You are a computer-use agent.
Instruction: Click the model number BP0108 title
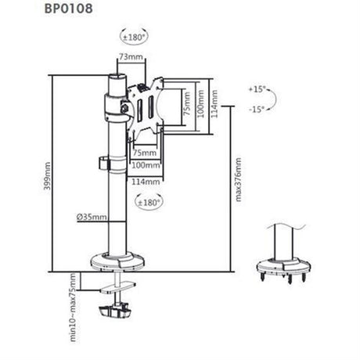(x=68, y=8)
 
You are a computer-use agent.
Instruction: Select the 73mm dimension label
(x=131, y=56)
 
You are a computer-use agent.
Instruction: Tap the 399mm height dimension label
(x=47, y=176)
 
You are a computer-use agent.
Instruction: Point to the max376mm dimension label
(x=238, y=179)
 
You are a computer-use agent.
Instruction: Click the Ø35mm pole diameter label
(x=92, y=217)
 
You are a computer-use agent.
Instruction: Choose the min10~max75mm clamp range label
(x=73, y=307)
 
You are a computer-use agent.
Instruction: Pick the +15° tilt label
(x=257, y=89)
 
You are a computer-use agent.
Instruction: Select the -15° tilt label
(x=257, y=110)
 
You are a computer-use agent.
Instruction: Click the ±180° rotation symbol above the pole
(x=134, y=38)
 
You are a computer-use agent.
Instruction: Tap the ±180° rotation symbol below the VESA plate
(x=149, y=203)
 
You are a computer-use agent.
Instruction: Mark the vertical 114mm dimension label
(x=214, y=104)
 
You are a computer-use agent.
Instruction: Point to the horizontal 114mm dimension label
(x=146, y=182)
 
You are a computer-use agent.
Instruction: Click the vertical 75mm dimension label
(x=186, y=104)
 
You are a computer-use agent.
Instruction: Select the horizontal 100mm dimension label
(x=146, y=165)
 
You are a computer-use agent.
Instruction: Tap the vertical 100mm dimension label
(x=200, y=104)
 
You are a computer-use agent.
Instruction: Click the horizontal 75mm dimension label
(x=145, y=153)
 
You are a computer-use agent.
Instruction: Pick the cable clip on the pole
(x=104, y=164)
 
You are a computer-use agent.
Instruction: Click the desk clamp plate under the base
(x=119, y=288)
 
